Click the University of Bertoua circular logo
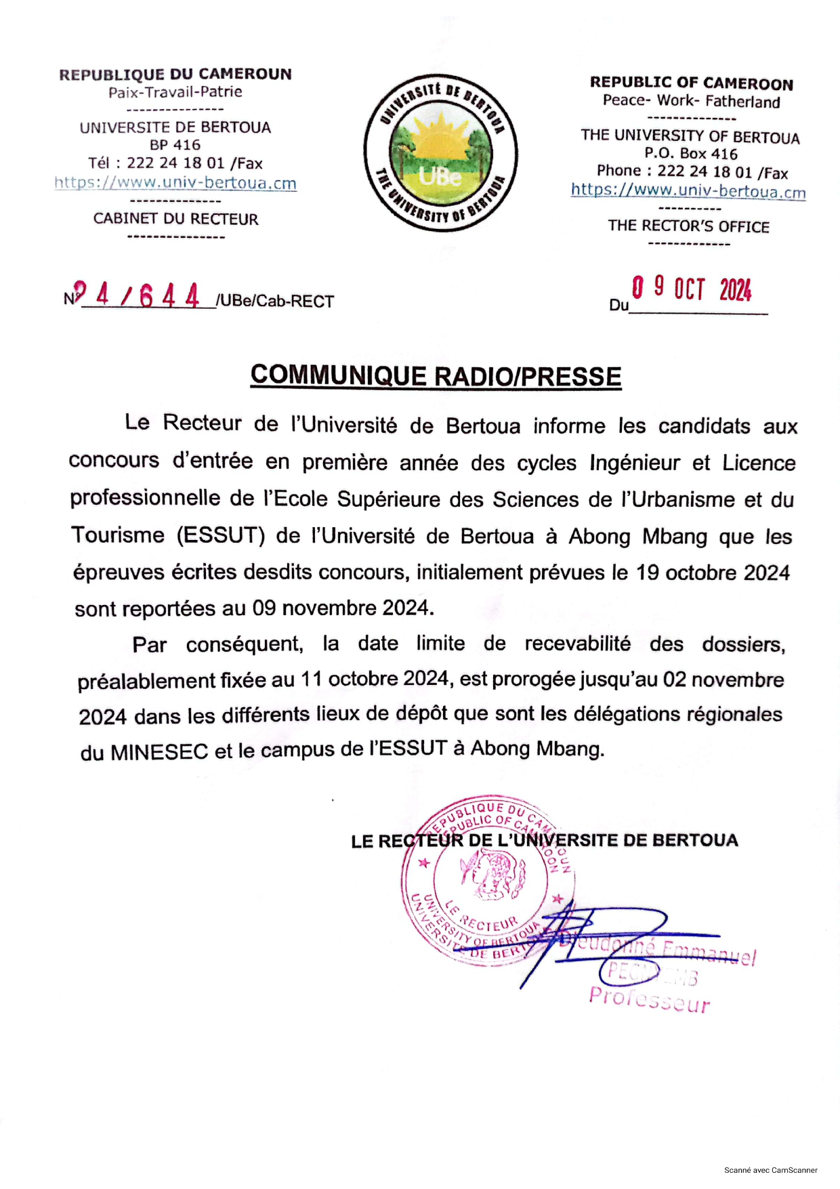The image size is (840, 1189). [441, 153]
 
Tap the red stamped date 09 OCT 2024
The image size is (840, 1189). [692, 289]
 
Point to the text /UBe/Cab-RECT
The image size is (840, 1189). [275, 301]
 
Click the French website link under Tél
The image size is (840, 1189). [175, 183]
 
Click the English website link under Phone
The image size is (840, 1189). [688, 191]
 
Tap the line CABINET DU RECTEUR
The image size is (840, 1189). [176, 219]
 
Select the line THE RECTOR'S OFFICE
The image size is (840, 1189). [688, 226]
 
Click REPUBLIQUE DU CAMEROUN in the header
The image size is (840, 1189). [175, 74]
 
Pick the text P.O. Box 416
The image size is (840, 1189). [690, 154]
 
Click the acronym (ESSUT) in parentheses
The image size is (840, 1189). [221, 536]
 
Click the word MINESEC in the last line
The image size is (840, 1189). [159, 752]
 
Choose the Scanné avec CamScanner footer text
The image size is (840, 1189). [770, 1170]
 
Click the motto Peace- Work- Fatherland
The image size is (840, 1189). [691, 102]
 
